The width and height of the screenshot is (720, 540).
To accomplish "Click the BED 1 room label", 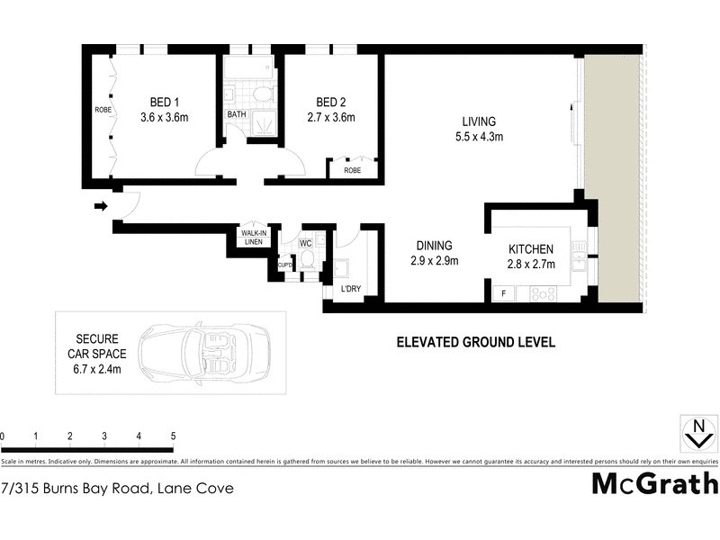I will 163,102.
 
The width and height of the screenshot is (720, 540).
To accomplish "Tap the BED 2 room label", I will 330,102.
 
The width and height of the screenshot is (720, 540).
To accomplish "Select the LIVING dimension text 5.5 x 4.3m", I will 478,138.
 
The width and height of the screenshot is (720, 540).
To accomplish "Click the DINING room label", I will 433,246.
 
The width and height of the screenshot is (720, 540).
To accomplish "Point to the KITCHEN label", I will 530,249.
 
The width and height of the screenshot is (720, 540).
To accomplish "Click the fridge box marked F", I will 502,292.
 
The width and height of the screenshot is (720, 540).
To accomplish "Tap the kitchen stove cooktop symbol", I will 544,292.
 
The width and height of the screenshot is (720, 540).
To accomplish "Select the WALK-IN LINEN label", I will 251,237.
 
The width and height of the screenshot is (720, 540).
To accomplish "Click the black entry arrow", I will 99,206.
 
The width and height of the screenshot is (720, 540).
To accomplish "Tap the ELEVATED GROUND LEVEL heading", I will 476,342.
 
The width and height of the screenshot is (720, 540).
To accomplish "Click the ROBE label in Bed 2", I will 352,169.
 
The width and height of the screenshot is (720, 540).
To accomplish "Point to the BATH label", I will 236,114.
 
